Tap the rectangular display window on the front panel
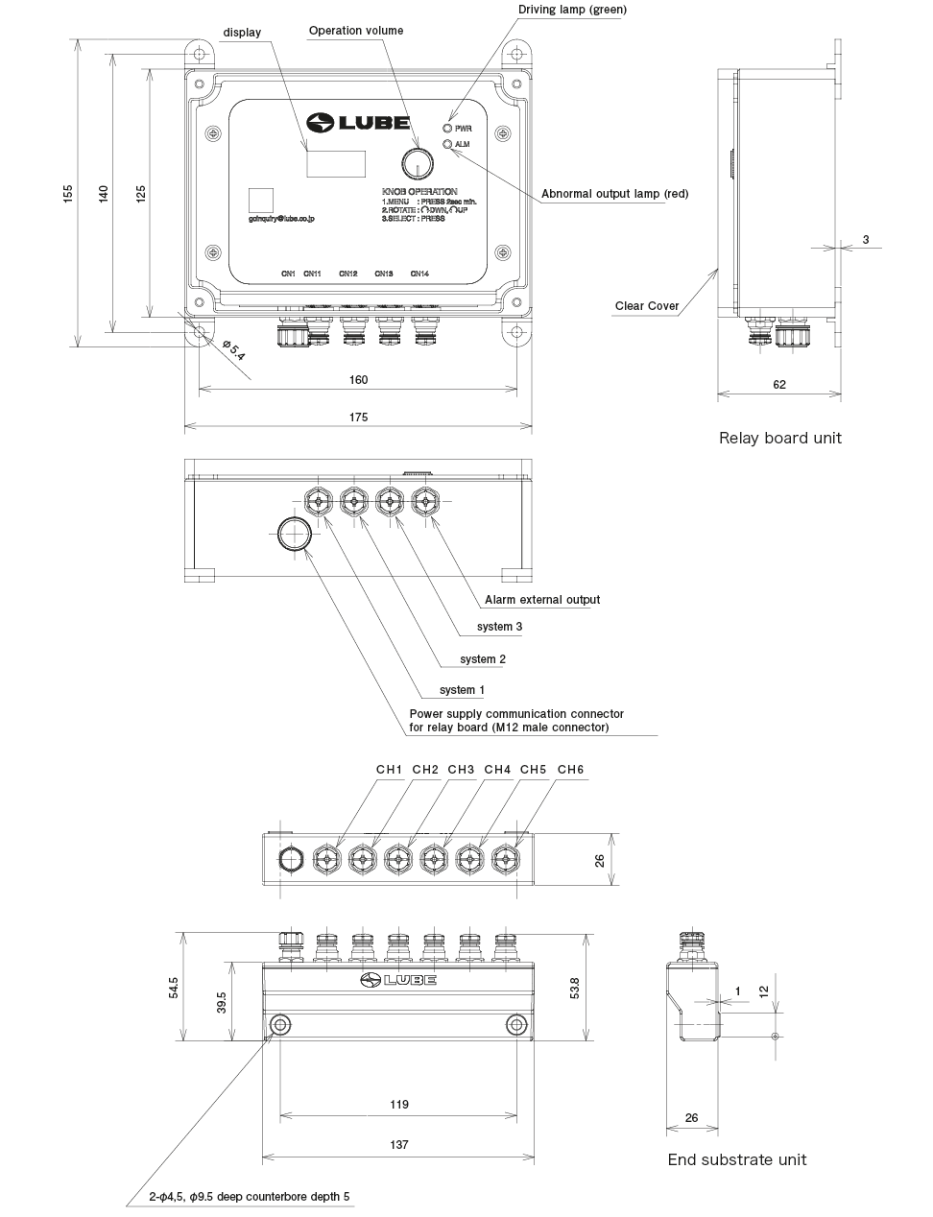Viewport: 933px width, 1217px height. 336,163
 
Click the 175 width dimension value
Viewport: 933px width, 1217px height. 358,418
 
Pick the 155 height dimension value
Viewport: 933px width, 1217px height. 67,193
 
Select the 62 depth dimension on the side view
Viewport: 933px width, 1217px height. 779,385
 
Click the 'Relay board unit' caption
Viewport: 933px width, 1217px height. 779,438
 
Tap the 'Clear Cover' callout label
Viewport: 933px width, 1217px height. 646,306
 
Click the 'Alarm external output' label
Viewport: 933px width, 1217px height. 541,600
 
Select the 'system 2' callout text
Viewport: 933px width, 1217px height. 483,659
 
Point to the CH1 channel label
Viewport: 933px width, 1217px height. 389,770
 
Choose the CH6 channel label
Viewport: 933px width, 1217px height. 570,770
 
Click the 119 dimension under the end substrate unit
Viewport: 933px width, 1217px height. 399,1105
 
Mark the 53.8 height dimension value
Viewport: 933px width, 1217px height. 575,988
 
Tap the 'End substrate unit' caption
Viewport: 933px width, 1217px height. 737,1159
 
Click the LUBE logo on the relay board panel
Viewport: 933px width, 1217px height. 359,123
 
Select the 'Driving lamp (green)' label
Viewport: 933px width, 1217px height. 572,10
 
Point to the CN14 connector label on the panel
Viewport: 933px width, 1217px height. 419,274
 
